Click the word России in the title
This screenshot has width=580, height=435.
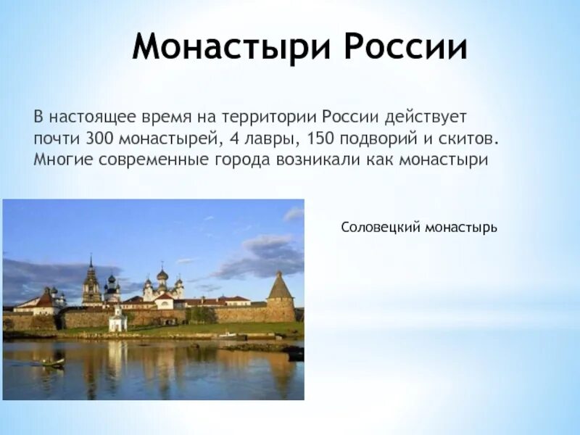point(405,48)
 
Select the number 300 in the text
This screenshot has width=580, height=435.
point(98,138)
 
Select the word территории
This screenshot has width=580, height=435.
point(276,116)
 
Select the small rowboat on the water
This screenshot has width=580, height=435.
point(51,362)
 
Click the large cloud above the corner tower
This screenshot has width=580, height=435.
point(261,254)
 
